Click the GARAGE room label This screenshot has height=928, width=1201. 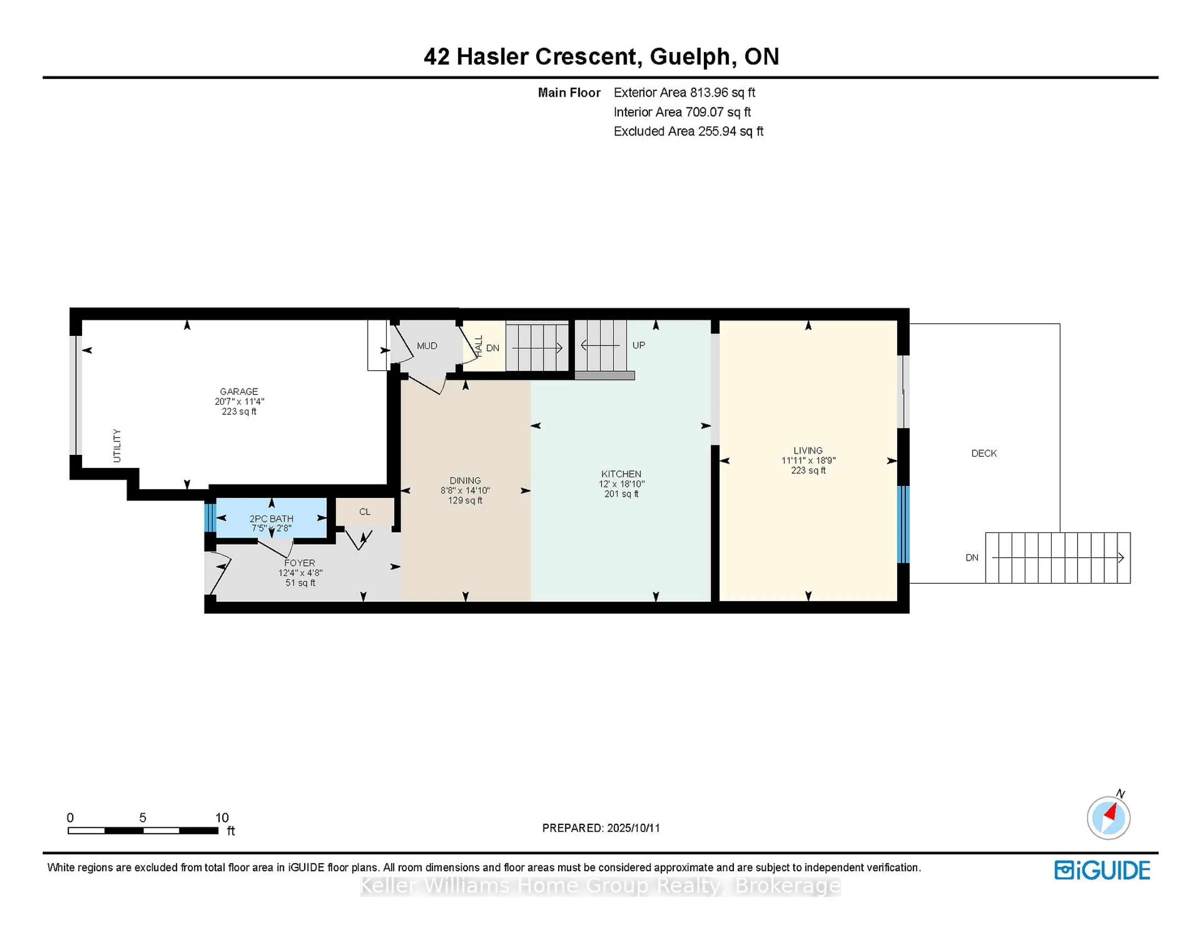239,391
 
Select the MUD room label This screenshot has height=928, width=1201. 427,346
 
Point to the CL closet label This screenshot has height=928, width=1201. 365,512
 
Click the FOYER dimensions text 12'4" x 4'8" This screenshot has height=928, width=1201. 300,573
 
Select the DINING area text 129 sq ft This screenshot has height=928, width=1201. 465,500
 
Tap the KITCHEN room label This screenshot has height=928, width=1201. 621,474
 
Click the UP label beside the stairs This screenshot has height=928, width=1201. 638,345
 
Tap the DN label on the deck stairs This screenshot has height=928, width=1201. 972,557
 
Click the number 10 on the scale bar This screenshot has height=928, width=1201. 222,818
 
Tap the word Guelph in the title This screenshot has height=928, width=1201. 690,57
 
